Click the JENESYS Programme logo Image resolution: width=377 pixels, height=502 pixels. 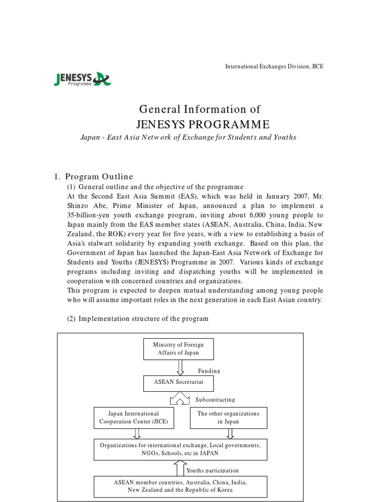pyautogui.click(x=82, y=78)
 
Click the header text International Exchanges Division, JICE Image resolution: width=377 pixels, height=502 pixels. pyautogui.click(x=274, y=66)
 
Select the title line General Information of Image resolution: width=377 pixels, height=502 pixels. pyautogui.click(x=200, y=109)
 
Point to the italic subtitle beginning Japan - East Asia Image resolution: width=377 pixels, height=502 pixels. pyautogui.click(x=188, y=137)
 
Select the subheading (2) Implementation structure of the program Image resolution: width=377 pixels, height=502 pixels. pyautogui.click(x=137, y=319)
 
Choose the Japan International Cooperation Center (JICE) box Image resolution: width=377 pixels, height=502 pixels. pyautogui.click(x=127, y=418)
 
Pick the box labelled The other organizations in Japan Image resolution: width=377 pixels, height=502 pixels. pyautogui.click(x=228, y=418)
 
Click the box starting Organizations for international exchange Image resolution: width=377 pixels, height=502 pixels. pyautogui.click(x=180, y=449)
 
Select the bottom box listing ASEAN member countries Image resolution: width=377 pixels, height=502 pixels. pyautogui.click(x=180, y=486)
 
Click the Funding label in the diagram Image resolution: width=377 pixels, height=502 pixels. pyautogui.click(x=209, y=371)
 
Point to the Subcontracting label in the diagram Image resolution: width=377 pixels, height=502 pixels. pyautogui.click(x=215, y=400)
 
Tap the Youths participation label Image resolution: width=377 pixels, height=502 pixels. pyautogui.click(x=213, y=471)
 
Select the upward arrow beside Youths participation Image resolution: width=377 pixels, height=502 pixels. pyautogui.click(x=180, y=468)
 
